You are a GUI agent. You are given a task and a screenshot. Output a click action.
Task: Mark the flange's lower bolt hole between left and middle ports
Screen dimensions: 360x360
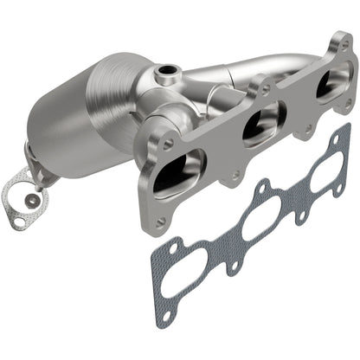pyautogui.click(x=234, y=174)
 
